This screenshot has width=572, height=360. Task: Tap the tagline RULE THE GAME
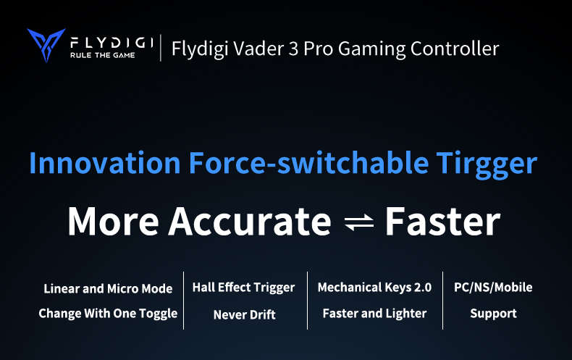pos(103,55)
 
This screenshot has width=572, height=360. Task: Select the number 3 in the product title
pos(293,49)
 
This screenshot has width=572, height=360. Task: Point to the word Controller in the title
pos(455,49)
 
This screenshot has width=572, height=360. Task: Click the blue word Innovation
pos(105,162)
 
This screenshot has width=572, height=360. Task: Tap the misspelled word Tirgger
pos(487,165)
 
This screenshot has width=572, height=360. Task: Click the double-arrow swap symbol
pos(359,222)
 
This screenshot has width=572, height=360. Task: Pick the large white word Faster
pos(443,221)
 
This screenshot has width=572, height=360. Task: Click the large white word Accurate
pos(250,221)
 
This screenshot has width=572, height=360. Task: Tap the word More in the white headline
pos(114,221)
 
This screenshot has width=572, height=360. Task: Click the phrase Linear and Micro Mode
pos(108,289)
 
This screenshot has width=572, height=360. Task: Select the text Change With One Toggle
pos(108,314)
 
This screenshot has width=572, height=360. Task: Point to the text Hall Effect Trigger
pos(243,288)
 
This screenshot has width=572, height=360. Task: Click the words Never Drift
pos(245,314)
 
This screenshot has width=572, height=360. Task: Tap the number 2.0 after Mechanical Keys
pos(423,288)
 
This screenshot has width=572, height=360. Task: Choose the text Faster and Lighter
pos(374,313)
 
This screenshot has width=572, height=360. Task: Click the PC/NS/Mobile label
pos(493,288)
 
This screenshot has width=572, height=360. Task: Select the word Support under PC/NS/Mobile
pos(494,314)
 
